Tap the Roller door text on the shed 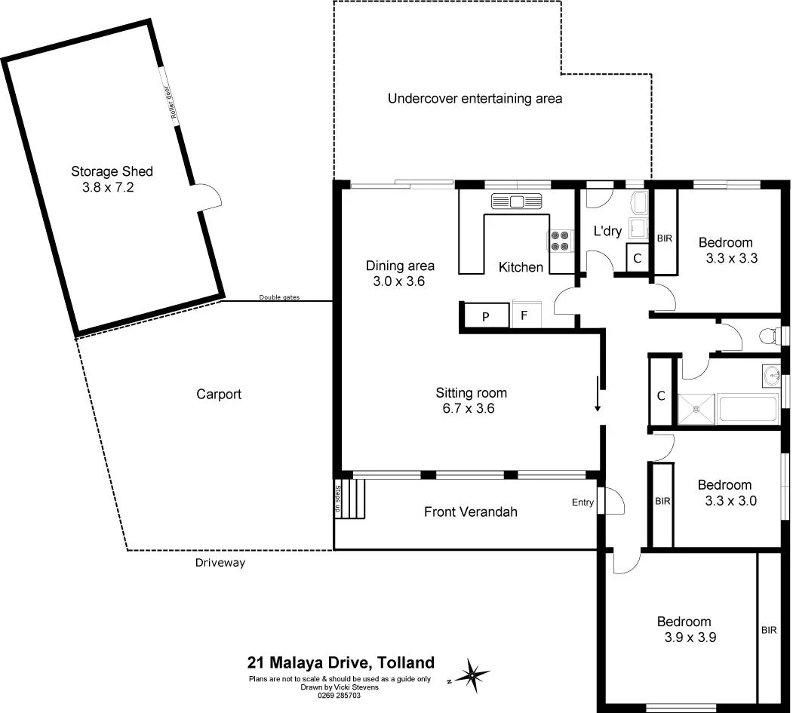tap(172, 101)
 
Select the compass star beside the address tap(472, 673)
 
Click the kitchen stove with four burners tap(560, 240)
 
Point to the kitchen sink tap(518, 201)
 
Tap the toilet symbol tap(770, 336)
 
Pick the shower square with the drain tap(696, 409)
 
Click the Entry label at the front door tap(583, 502)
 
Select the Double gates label tap(279, 297)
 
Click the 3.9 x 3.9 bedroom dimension tap(685, 637)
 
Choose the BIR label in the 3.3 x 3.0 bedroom tap(662, 500)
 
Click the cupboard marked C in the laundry tap(638, 258)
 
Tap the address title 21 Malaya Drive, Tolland tap(341, 663)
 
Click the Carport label tap(219, 394)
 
